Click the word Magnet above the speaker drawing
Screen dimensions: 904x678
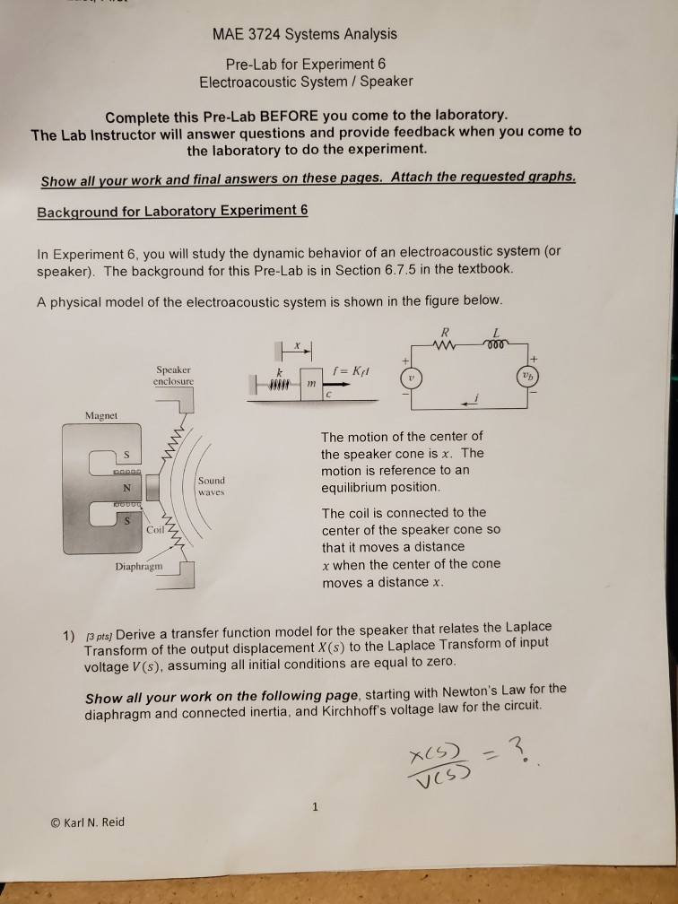103,414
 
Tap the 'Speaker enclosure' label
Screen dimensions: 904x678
174,374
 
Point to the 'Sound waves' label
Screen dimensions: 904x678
213,486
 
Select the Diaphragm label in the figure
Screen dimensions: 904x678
139,567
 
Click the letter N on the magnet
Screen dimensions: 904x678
127,488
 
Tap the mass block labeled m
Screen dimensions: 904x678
312,384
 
